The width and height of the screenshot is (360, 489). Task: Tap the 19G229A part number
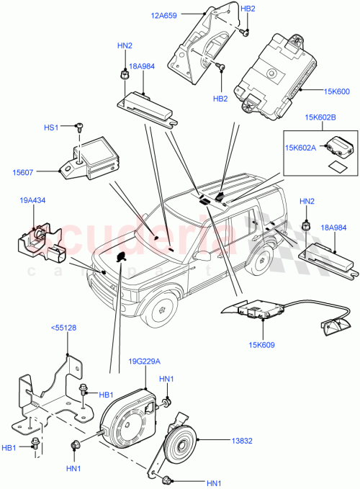click(145, 362)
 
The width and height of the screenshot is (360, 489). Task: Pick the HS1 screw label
click(52, 127)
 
